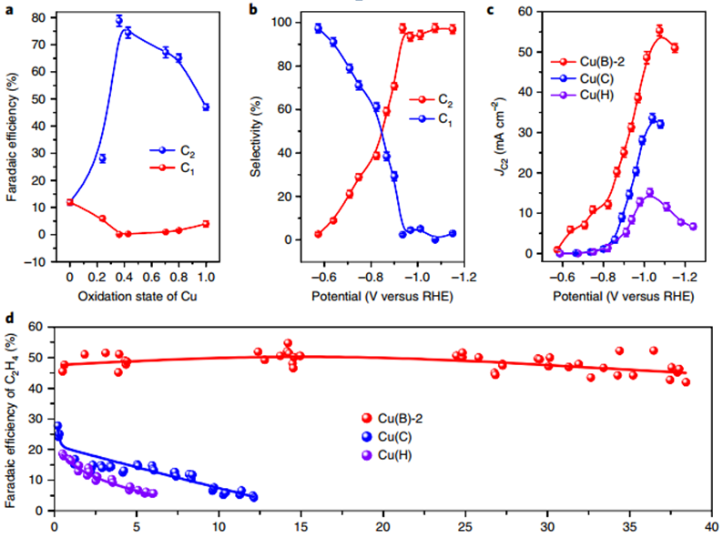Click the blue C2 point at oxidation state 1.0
tap(206, 107)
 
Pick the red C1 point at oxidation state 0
tap(70, 202)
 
